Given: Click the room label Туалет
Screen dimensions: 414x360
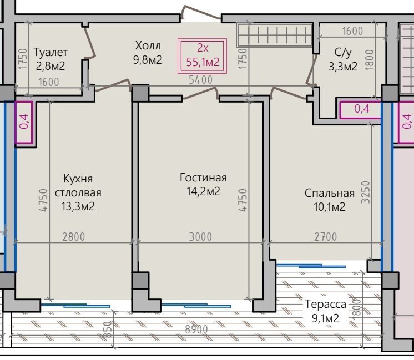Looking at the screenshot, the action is point(51,52).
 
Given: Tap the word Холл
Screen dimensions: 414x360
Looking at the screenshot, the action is point(148,45).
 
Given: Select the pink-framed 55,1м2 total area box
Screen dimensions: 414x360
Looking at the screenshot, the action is point(202,55).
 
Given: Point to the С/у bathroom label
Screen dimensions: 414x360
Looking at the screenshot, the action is point(343,53).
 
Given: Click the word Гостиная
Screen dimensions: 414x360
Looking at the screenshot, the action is point(203,178).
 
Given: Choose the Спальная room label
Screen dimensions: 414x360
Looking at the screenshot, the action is point(329,193).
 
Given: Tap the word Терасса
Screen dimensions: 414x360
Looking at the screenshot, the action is point(325,304).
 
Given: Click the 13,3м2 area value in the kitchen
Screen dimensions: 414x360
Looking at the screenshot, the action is point(78,206).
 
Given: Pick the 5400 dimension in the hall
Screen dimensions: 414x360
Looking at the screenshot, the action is point(200,80).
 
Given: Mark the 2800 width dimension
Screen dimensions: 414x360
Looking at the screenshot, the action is point(74,237).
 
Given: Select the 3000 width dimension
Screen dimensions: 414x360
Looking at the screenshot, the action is point(200,237).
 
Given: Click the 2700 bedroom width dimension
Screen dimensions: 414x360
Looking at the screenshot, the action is point(326,237).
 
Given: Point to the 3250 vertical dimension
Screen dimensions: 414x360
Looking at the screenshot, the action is point(365,192).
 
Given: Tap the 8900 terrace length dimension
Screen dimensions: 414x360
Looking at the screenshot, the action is point(196,329).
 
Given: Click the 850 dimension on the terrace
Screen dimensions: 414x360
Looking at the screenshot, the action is point(107,329).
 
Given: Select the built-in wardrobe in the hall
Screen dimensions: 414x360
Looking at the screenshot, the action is point(275,34).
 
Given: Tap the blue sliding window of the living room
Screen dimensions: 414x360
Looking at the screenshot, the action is point(196,306).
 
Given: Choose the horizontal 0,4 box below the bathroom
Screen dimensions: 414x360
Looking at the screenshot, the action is point(361,109).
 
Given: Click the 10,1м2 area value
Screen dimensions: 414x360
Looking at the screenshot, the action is point(329,207).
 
